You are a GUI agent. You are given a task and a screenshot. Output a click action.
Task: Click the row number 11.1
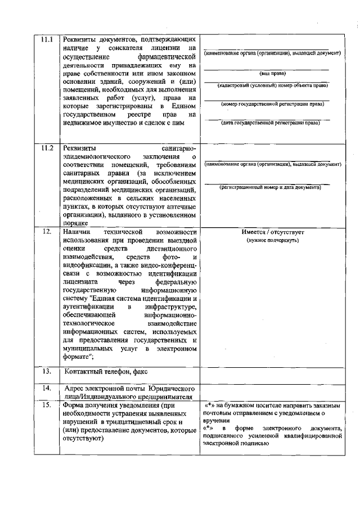coord(47,40)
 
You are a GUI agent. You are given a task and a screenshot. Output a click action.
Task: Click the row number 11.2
coord(47,148)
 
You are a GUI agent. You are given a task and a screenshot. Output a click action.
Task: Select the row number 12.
coord(47,231)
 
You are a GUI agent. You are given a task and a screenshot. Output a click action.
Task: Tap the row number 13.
coord(47,371)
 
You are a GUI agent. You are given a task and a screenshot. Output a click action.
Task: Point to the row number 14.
coord(47,389)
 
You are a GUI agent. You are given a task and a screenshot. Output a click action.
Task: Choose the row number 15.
coord(47,405)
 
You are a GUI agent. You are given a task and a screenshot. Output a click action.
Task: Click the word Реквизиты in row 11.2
coord(79,148)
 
